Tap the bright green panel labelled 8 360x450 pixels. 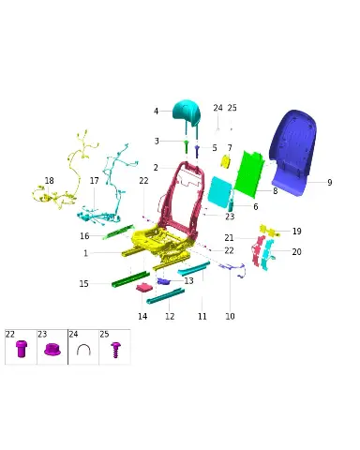pyautogui.click(x=249, y=173)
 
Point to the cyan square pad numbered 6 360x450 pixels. pyautogui.click(x=220, y=192)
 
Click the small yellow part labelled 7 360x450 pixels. pyautogui.click(x=226, y=162)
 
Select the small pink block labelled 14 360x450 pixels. pyautogui.click(x=144, y=287)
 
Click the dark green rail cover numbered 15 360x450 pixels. pyautogui.click(x=130, y=279)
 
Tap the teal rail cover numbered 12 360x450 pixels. pyautogui.click(x=165, y=295)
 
